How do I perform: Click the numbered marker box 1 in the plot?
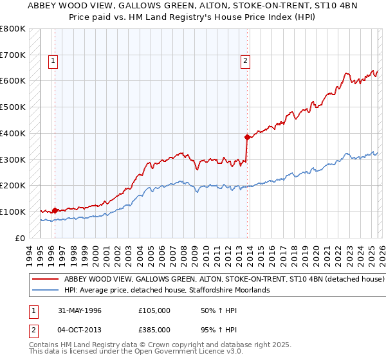coord(53,62)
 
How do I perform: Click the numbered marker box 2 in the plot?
coord(245,62)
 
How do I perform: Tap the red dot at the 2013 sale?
coord(247,137)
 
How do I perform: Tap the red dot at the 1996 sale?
coord(55,210)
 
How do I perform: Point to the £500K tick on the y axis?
coord(13,107)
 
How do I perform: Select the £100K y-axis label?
coord(13,212)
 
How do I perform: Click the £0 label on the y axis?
coord(19,238)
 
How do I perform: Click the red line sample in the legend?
coord(46,280)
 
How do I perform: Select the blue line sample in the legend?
coord(46,291)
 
